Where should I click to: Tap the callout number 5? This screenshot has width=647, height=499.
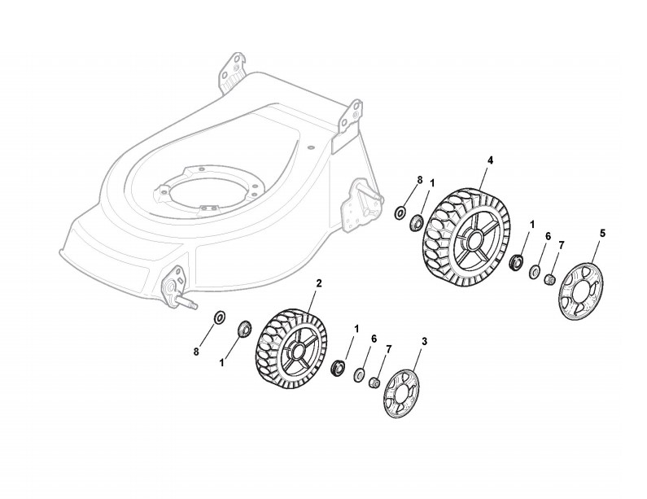(x=602, y=233)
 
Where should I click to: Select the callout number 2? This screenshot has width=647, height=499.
(x=319, y=283)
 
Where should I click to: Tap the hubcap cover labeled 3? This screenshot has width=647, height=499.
(x=401, y=396)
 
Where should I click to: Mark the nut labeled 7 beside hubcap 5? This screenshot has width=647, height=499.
(x=549, y=280)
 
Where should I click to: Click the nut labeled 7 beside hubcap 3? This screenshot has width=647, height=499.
(x=375, y=383)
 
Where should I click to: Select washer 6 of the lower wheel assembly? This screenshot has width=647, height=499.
(x=359, y=374)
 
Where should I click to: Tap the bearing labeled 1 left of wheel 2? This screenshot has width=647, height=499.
(x=243, y=329)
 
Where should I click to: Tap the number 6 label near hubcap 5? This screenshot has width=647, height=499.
(x=548, y=236)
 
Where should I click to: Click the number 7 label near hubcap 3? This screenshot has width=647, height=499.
(x=388, y=348)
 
